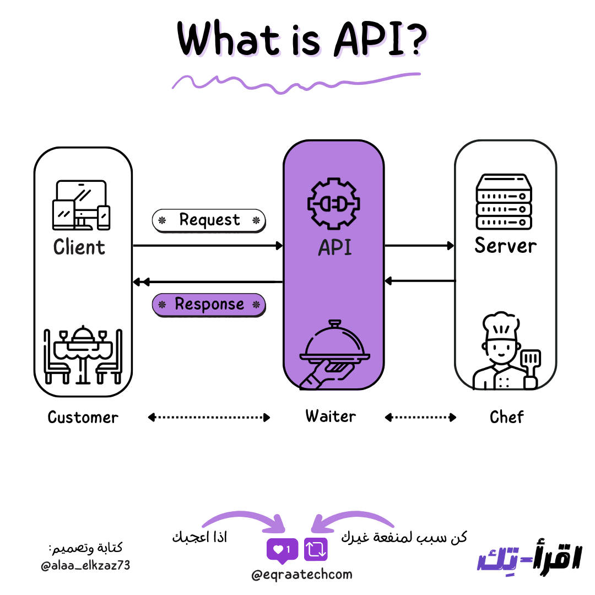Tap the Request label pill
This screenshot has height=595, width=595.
[209, 220]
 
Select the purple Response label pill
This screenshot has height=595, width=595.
[209, 305]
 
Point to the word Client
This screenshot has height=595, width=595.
[79, 247]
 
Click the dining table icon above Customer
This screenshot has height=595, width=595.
[83, 355]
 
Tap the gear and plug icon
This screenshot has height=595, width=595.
[333, 203]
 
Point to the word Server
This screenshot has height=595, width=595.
[505, 245]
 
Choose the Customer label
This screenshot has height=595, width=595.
[83, 417]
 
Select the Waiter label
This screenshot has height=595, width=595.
[331, 416]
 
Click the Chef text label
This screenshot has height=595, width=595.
[506, 417]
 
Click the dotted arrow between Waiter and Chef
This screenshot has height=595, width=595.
[420, 418]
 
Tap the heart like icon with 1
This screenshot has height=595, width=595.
[282, 549]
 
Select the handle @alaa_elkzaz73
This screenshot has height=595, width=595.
[85, 565]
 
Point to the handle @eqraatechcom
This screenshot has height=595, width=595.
[301, 575]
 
